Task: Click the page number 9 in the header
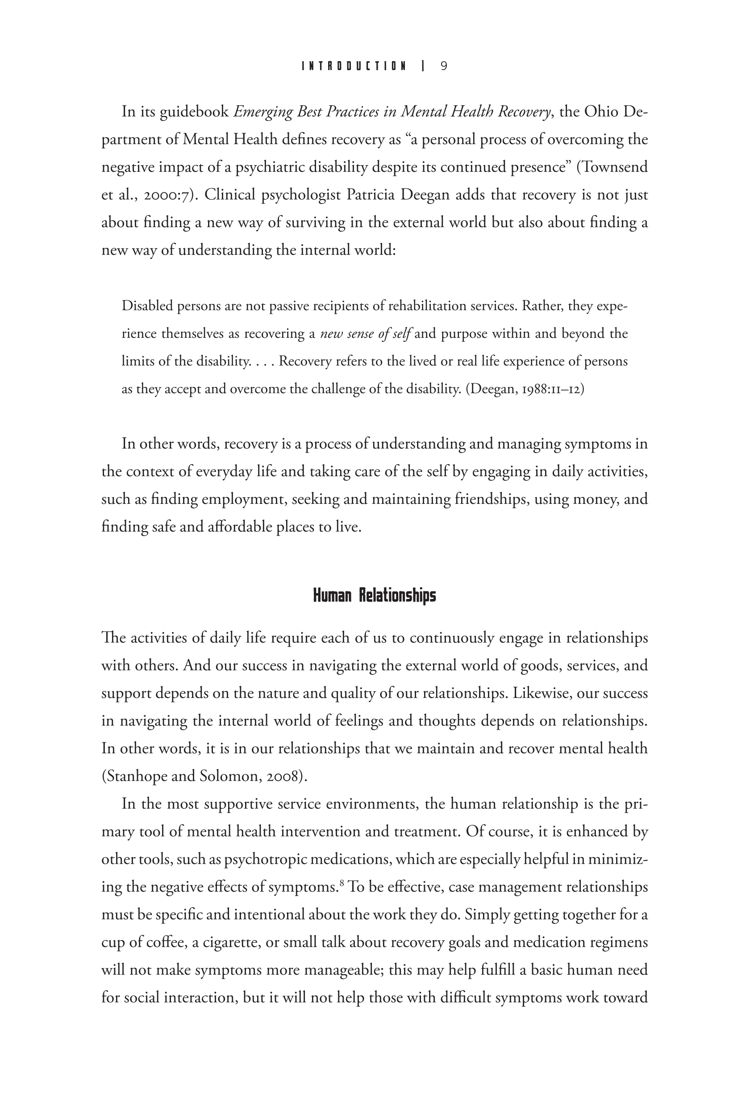444,66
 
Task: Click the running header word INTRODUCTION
354,66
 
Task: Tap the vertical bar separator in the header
423,66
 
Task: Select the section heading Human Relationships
374,595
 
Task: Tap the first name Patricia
371,195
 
